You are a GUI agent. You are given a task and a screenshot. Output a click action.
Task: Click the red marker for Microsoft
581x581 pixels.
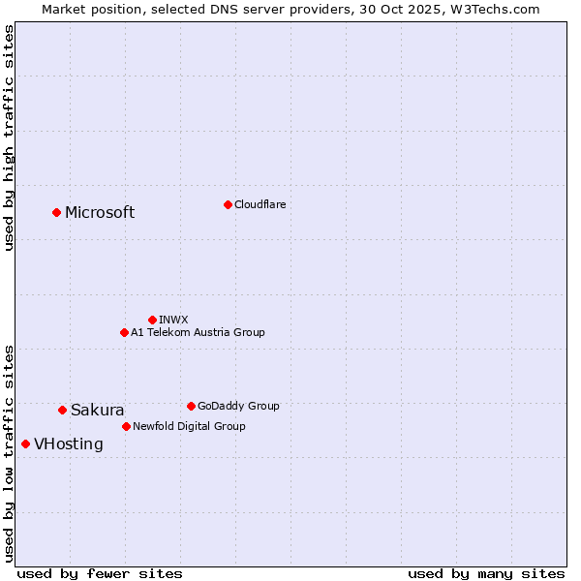point(56,212)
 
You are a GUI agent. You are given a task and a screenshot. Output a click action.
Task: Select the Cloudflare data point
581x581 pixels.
point(228,204)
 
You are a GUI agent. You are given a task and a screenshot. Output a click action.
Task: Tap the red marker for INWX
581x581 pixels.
point(152,320)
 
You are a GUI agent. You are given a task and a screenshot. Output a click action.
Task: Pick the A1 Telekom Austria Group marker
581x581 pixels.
point(124,332)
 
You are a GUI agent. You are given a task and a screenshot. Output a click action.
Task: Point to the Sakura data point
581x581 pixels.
point(62,410)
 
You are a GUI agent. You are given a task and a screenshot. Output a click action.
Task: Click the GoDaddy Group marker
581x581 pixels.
point(191,406)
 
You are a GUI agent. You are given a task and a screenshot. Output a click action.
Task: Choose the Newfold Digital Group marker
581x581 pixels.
point(126,426)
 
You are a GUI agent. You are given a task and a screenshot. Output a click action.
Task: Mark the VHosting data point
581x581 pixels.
point(25,443)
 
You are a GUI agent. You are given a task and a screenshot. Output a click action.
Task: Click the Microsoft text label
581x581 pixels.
point(100,213)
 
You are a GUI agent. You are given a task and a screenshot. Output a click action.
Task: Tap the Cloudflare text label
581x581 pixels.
point(260,204)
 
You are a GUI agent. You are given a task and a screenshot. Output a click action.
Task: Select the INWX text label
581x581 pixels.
point(173,320)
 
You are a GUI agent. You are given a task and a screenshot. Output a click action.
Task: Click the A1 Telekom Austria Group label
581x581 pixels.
point(198,332)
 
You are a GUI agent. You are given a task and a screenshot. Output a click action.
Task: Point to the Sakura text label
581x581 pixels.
point(98,411)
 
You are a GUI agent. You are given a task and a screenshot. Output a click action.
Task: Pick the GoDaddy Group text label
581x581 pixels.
point(238,406)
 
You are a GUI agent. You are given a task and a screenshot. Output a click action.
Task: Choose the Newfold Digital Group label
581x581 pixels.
point(189,426)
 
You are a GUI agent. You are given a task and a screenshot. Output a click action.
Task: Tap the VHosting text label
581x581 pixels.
point(69,444)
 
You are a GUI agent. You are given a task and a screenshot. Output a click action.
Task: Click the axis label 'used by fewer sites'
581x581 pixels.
point(100,573)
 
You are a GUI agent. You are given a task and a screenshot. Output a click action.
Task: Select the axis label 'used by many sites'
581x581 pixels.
point(486,573)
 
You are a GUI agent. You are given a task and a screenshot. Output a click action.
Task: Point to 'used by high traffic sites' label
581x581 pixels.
point(9,138)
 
